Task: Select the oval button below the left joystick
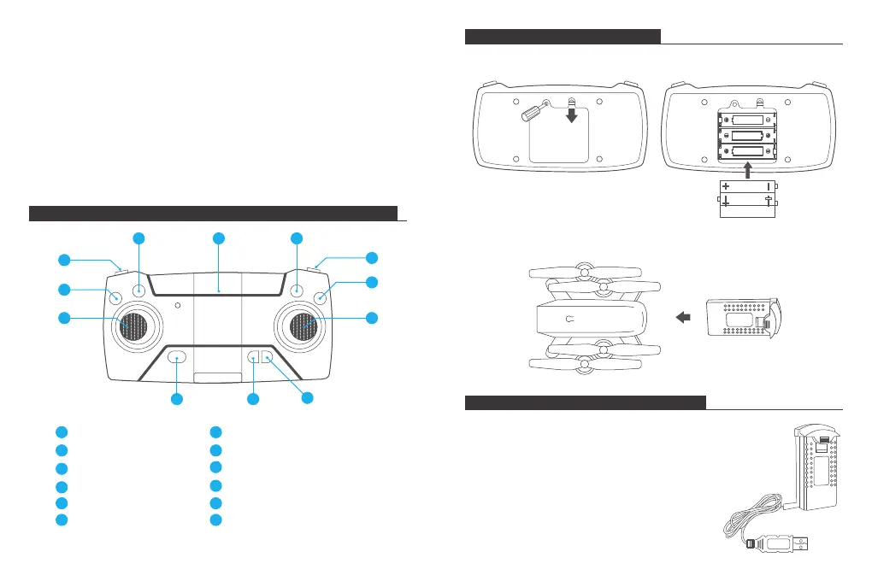point(177,358)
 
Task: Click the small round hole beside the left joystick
point(177,304)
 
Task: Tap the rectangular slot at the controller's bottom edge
point(218,378)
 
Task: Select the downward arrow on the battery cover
point(571,114)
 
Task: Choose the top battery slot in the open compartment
point(747,120)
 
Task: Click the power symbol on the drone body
point(569,319)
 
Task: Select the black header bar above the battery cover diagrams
point(563,36)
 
